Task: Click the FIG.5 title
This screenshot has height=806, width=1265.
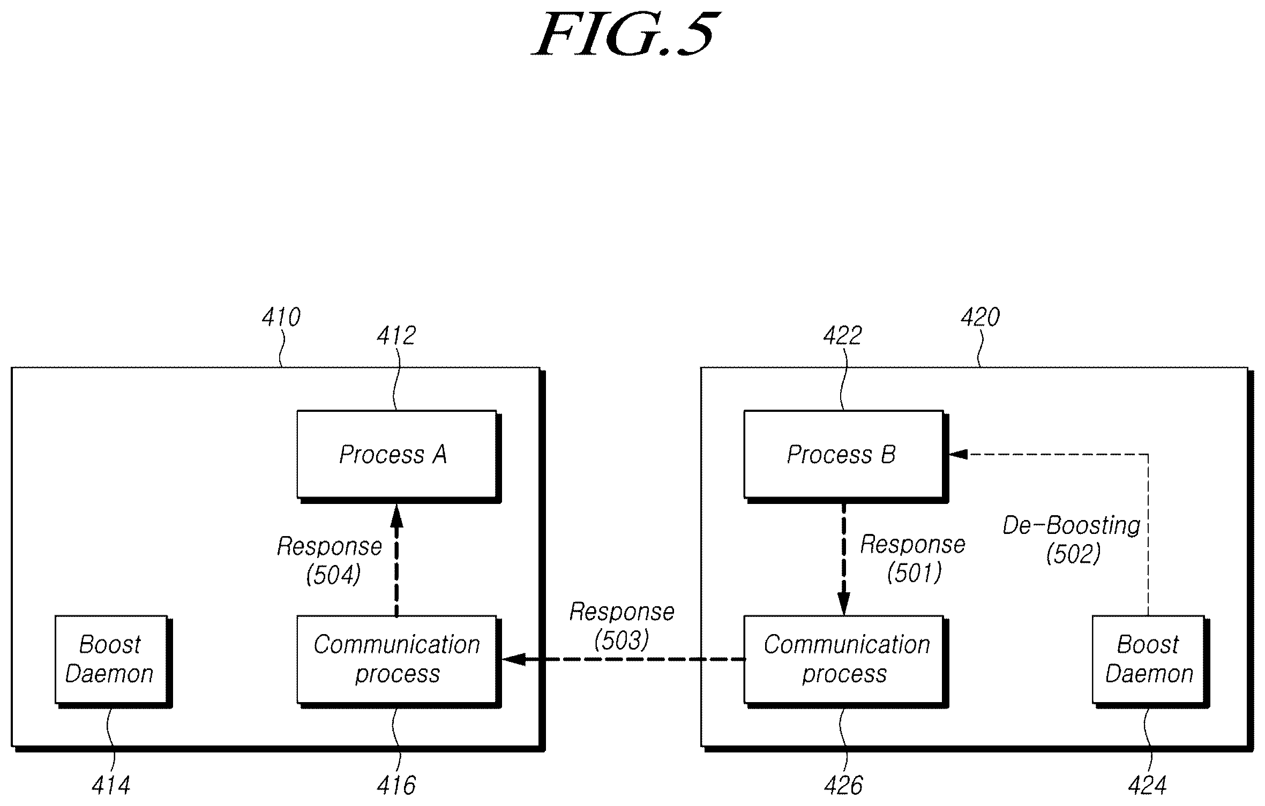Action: pyautogui.click(x=625, y=34)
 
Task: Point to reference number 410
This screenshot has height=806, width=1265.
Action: pyautogui.click(x=281, y=318)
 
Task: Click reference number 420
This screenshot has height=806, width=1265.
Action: pyautogui.click(x=980, y=318)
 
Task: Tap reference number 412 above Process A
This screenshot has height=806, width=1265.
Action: pyautogui.click(x=396, y=336)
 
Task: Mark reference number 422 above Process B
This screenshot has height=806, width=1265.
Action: pyautogui.click(x=842, y=336)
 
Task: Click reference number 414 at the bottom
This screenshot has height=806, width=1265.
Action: pyautogui.click(x=111, y=786)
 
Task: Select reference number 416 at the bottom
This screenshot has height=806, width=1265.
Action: pyautogui.click(x=396, y=786)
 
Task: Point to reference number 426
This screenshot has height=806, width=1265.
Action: pyautogui.click(x=843, y=786)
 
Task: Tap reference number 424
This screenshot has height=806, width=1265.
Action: pyautogui.click(x=1147, y=786)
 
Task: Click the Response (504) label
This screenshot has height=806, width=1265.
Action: pyautogui.click(x=330, y=561)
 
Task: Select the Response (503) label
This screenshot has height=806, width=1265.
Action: pyautogui.click(x=622, y=626)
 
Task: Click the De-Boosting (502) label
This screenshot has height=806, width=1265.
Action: pyautogui.click(x=1072, y=540)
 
